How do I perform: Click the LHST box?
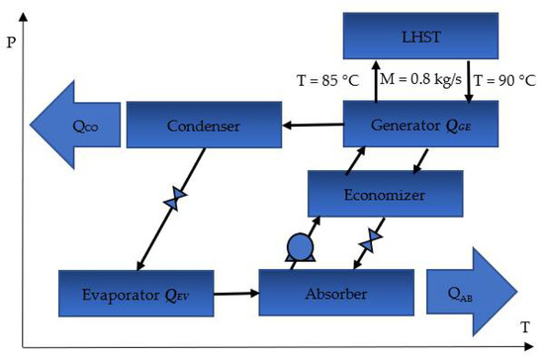coord(416,36)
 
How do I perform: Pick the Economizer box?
coord(386,194)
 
